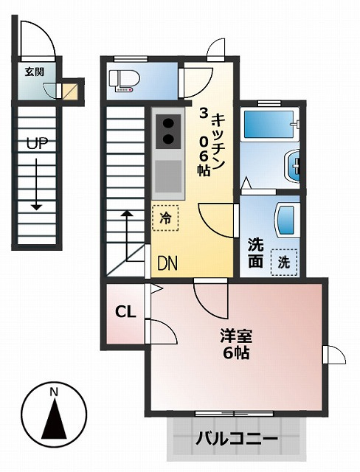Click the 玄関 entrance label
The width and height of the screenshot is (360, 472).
(x=35, y=72)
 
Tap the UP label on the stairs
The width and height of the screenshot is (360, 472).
(x=37, y=144)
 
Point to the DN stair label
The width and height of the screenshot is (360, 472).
(x=167, y=263)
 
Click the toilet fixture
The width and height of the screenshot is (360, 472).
(x=125, y=80)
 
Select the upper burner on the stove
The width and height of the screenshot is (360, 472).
(x=168, y=123)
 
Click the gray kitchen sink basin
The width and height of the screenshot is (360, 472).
(x=168, y=176)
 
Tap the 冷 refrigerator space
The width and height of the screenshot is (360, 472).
(x=165, y=218)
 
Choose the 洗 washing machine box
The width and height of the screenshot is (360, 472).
(x=284, y=263)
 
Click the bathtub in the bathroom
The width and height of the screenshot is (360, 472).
(x=269, y=125)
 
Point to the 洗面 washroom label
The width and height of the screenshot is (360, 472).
(x=255, y=253)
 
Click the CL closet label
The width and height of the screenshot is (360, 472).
(x=125, y=312)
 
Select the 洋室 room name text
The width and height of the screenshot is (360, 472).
(x=236, y=336)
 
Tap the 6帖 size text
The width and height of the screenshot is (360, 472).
(x=236, y=353)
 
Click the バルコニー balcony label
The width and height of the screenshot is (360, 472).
(x=237, y=438)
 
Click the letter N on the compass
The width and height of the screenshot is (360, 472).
(x=54, y=392)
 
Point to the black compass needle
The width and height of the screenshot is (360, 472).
(x=54, y=418)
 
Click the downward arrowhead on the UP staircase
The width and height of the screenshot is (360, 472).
(x=37, y=207)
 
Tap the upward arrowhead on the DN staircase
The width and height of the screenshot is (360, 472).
(x=127, y=213)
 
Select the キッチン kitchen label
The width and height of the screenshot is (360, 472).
(x=218, y=142)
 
